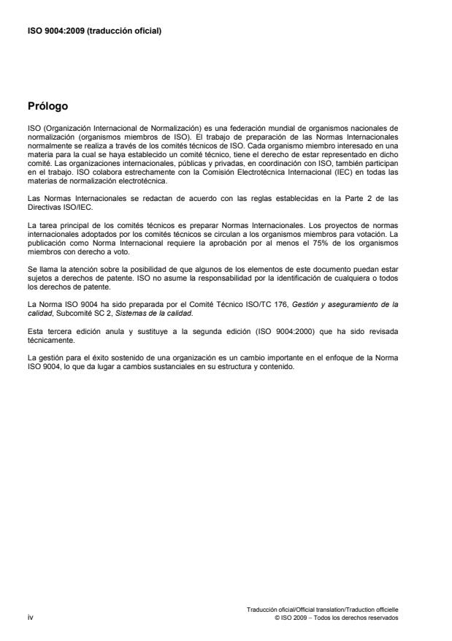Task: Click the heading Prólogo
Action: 47,106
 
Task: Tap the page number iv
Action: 30,618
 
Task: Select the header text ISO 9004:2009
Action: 54,31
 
